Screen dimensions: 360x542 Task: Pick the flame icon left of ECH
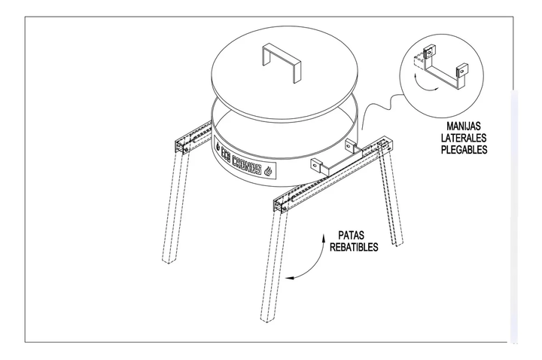[218, 141]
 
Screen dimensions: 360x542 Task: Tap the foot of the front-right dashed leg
[267, 317]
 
